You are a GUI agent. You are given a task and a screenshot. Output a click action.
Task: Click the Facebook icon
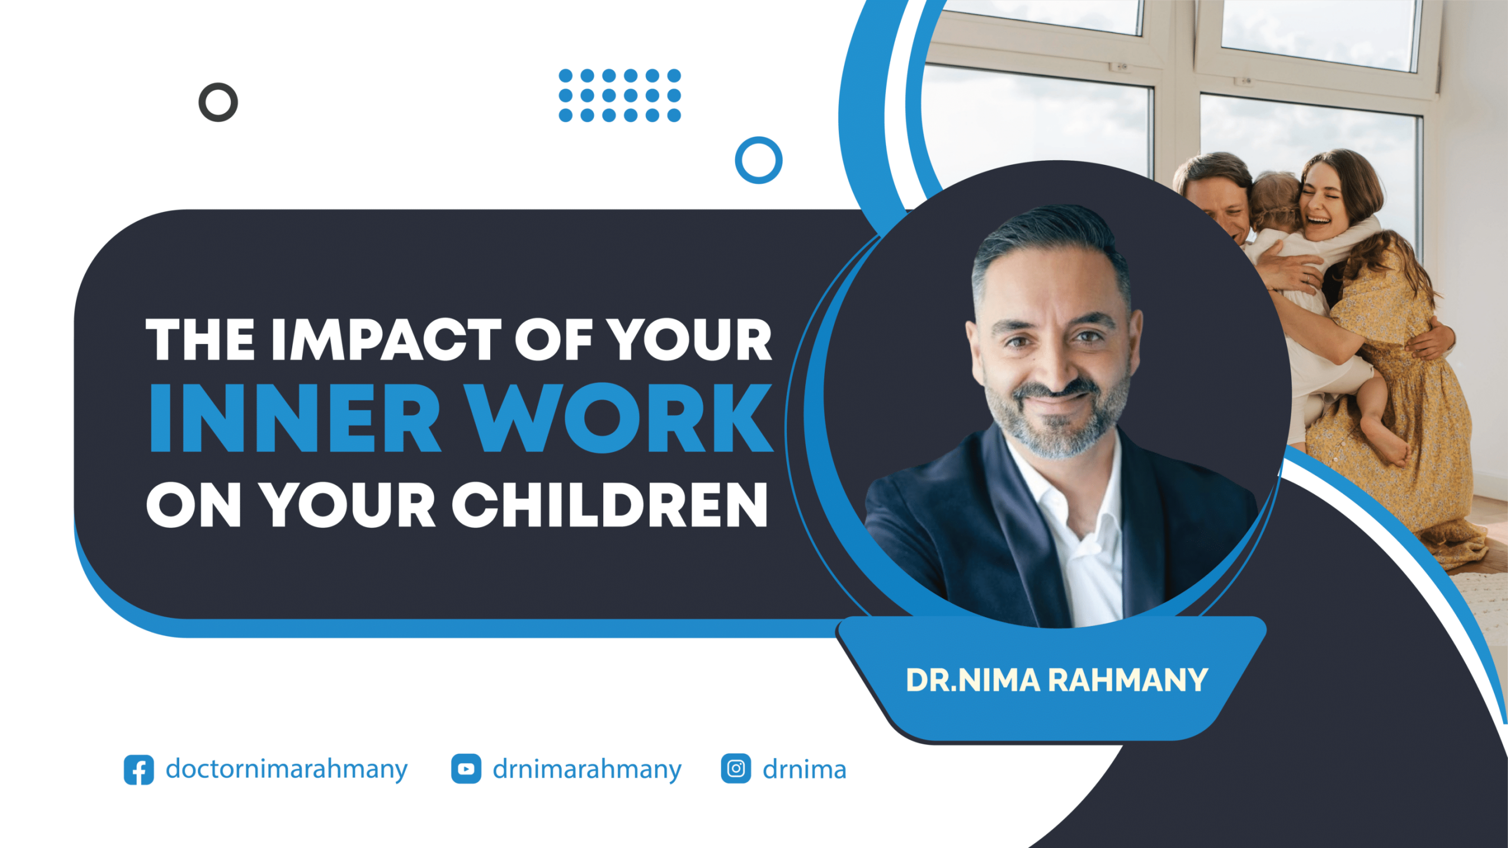(139, 769)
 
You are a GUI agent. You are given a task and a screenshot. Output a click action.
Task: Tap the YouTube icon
(466, 768)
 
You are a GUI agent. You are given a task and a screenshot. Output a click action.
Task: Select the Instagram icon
(736, 768)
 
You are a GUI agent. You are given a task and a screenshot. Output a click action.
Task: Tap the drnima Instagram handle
(804, 769)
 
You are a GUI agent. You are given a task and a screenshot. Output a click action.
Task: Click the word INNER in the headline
(295, 418)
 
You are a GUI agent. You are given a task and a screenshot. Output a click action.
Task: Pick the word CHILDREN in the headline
(610, 505)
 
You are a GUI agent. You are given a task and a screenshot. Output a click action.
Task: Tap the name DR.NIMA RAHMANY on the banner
(1057, 680)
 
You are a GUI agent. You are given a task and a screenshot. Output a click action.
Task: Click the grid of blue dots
(620, 95)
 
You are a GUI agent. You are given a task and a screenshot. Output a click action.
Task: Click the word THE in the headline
(200, 340)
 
